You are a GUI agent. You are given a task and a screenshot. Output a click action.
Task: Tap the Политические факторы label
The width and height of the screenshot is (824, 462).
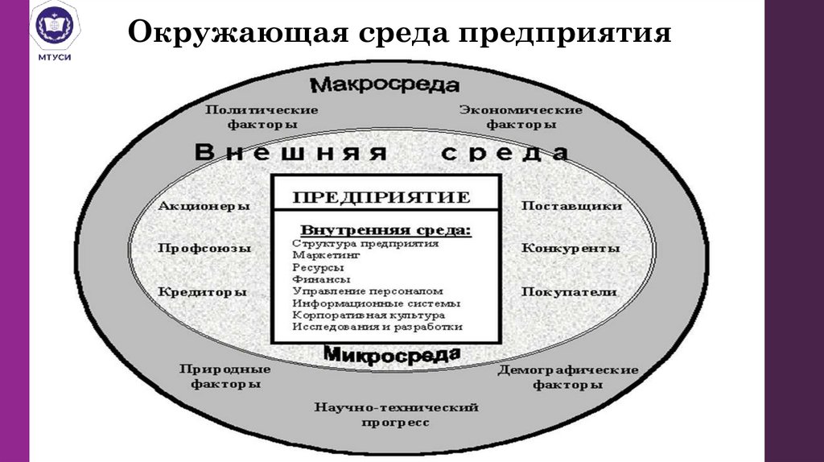(x=262, y=118)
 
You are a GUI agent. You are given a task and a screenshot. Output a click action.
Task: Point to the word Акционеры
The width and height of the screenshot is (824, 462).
(x=204, y=206)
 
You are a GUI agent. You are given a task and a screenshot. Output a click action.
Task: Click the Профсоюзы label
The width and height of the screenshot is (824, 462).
(x=204, y=249)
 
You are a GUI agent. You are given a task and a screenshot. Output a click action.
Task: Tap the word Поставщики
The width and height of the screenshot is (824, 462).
(x=571, y=206)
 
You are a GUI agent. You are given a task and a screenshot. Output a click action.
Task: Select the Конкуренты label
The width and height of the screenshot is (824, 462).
(x=571, y=249)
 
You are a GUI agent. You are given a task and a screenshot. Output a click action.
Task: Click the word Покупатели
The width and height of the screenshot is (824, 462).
(x=569, y=291)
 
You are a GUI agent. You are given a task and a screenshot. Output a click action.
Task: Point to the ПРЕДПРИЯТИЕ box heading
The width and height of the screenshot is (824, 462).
(x=381, y=197)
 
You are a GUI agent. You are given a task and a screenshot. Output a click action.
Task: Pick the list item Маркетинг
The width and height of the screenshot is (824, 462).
(x=327, y=255)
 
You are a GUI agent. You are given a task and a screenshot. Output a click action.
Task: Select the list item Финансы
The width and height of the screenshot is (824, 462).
(x=319, y=279)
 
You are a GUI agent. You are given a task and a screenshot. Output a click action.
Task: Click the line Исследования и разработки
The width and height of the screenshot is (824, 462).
(x=377, y=328)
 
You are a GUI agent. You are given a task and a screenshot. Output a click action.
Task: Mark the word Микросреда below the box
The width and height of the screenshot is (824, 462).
(x=392, y=354)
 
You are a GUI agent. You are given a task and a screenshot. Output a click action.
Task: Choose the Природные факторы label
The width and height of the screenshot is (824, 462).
(x=225, y=377)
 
